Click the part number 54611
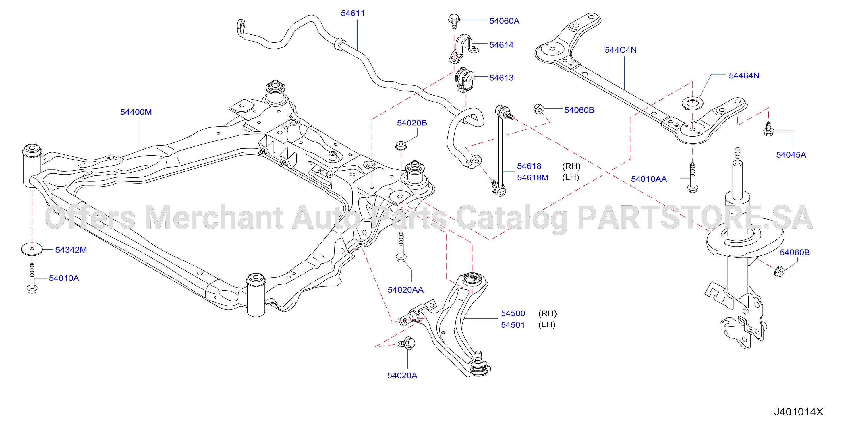click(x=353, y=13)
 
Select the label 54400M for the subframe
click(x=136, y=112)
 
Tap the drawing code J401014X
click(x=799, y=412)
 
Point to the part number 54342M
click(x=71, y=250)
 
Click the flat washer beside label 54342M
click(x=32, y=249)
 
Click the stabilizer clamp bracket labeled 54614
click(x=463, y=49)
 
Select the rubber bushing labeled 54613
click(x=464, y=80)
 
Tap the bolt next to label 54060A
click(x=454, y=22)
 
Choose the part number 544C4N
click(x=621, y=50)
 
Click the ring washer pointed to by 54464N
click(x=693, y=103)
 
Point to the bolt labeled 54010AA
click(x=693, y=178)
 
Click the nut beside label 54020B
click(x=401, y=146)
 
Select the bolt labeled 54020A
click(x=406, y=343)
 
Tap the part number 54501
click(x=513, y=325)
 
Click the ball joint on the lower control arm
click(x=479, y=365)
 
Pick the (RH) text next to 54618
click(x=571, y=166)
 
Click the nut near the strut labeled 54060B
click(x=779, y=272)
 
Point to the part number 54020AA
click(x=405, y=290)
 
